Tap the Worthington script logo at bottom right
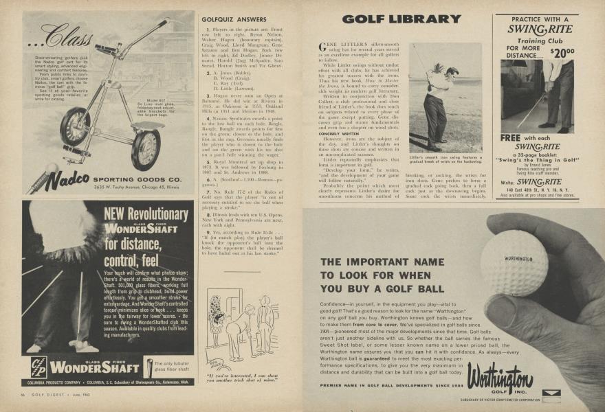[500, 377]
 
